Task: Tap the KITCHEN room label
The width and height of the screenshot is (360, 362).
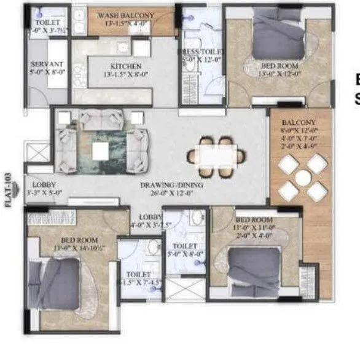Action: click(x=126, y=66)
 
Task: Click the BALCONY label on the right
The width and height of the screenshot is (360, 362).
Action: click(x=299, y=122)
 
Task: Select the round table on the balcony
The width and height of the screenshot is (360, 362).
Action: click(x=302, y=178)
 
